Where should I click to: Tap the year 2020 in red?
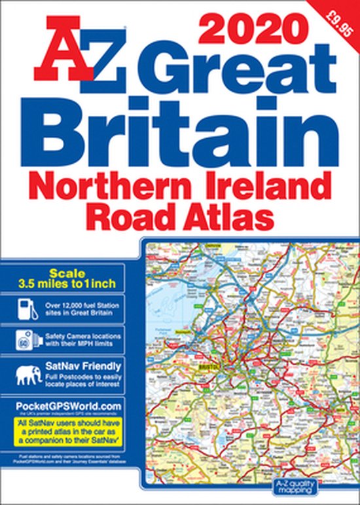click(245, 29)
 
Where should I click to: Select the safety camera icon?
click(26, 341)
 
